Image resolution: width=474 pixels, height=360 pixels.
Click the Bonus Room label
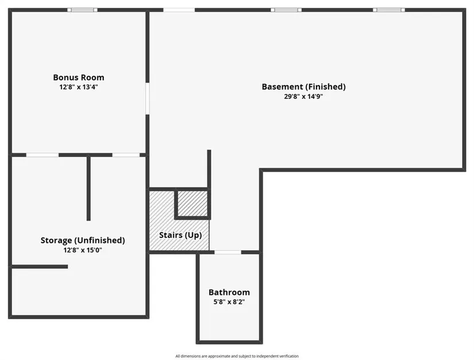coord(79,78)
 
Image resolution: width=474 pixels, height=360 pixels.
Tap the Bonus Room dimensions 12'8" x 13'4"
coord(79,87)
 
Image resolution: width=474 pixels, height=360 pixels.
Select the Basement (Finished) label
coord(303,87)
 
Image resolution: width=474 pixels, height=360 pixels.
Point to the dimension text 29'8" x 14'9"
coord(303,97)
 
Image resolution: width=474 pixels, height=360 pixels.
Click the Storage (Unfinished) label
coord(83,240)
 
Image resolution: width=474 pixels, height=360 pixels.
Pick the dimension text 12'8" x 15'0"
coord(83,250)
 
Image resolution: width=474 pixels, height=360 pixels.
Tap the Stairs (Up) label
coord(180,235)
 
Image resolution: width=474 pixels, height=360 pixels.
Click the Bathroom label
coord(229,292)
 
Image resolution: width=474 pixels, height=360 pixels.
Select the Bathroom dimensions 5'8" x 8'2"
coord(229,302)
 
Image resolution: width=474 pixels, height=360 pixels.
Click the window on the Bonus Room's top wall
coord(82,10)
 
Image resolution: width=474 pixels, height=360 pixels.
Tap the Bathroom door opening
coord(228,252)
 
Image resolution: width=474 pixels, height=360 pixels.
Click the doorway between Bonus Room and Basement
coord(148,98)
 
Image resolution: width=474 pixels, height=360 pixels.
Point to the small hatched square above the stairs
coord(192,204)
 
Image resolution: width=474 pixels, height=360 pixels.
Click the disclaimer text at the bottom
coord(237,356)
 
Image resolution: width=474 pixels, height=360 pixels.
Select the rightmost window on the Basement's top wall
coord(389,10)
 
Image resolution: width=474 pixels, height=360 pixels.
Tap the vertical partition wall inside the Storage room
coord(88,189)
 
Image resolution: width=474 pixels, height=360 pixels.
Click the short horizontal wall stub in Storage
coord(40,266)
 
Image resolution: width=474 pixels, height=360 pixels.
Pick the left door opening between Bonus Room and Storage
coord(43,155)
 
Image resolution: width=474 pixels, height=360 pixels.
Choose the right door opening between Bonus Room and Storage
coord(126,155)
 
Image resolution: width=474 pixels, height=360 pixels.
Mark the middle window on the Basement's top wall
coord(286,10)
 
